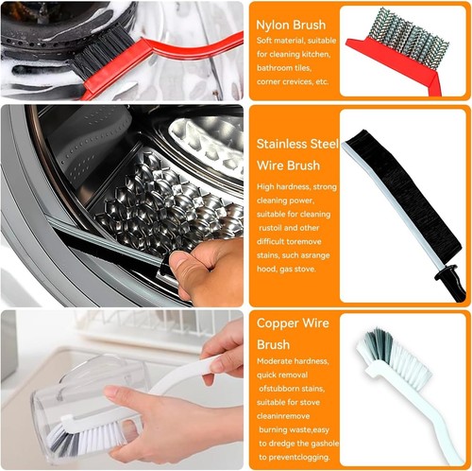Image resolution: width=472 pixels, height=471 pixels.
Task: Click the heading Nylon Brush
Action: pos(291,26)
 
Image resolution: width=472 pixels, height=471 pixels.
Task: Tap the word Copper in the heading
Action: pos(277,323)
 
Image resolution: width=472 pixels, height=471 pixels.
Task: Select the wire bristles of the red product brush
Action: pos(408,38)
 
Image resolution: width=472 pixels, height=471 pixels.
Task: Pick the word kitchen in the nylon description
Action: pos(315,54)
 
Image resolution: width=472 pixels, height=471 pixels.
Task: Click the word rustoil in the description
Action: pos(270,228)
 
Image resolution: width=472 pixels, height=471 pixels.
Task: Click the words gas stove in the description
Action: pos(297,270)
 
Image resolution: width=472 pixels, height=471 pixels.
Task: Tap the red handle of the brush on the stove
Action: pos(163,60)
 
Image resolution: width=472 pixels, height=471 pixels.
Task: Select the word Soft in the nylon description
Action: pos(263,41)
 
